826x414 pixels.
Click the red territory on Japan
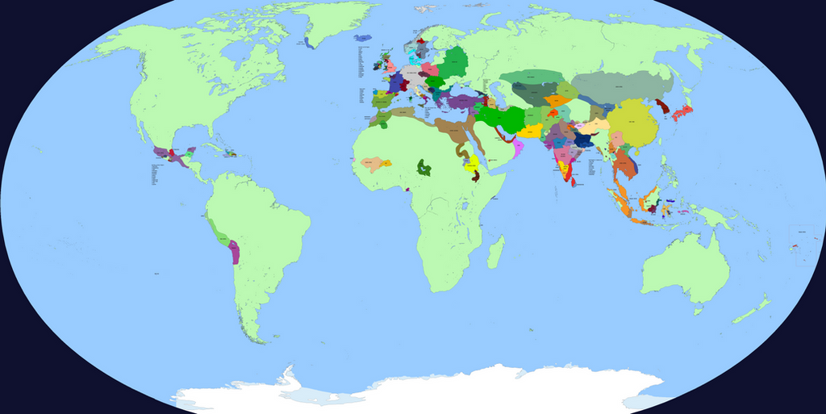pyautogui.click(x=682, y=113)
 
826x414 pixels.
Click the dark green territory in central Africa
pyautogui.click(x=423, y=169)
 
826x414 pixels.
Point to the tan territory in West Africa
pyautogui.click(x=374, y=165)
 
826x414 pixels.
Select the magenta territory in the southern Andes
pyautogui.click(x=235, y=252)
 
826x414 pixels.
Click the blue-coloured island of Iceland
pyautogui.click(x=362, y=37)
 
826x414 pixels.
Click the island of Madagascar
pyautogui.click(x=496, y=251)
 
